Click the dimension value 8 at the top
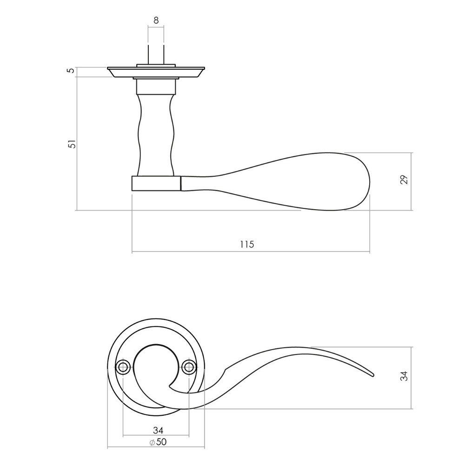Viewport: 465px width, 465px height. (156, 20)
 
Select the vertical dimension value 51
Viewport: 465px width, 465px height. (71, 144)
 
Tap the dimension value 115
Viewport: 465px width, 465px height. (247, 245)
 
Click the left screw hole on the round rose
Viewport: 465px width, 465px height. (123, 367)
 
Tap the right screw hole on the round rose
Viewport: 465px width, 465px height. (189, 367)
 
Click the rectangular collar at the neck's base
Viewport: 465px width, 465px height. (156, 183)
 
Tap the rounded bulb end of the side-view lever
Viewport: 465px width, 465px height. (353, 181)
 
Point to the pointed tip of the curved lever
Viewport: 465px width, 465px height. (372, 374)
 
